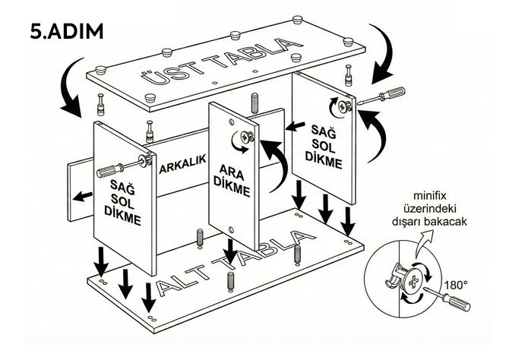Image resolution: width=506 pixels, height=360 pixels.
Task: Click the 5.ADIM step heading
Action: (x=67, y=32)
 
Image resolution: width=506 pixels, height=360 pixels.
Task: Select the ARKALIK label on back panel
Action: (x=182, y=164)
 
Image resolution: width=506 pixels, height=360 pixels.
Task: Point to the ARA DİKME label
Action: (x=231, y=180)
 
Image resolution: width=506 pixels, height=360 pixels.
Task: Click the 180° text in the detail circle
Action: (x=456, y=285)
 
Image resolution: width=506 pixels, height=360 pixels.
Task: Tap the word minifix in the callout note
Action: (x=429, y=196)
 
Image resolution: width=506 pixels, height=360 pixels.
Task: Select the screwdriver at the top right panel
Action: (x=381, y=95)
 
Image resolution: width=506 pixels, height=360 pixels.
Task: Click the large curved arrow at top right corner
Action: (x=384, y=53)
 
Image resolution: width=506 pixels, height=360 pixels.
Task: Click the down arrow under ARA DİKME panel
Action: (x=231, y=251)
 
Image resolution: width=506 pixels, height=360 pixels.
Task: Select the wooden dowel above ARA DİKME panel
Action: (x=254, y=103)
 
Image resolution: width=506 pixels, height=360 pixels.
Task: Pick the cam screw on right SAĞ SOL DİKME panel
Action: (x=344, y=106)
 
